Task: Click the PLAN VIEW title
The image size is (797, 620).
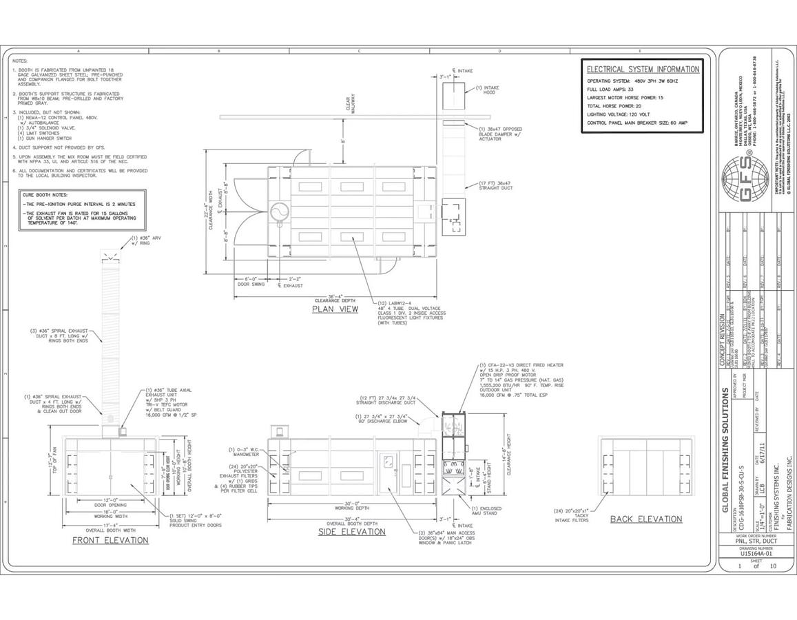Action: (335, 309)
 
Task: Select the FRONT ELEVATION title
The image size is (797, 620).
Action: (110, 540)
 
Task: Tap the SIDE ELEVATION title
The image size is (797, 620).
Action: (351, 532)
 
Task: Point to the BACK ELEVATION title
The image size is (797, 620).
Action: (645, 519)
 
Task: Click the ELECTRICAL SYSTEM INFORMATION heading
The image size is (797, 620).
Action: (643, 70)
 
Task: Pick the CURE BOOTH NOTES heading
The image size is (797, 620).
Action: (43, 195)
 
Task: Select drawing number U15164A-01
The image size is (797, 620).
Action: (756, 552)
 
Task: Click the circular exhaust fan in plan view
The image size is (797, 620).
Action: (280, 212)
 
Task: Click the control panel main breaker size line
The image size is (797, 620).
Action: (637, 123)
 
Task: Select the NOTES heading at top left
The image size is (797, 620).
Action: (20, 61)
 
